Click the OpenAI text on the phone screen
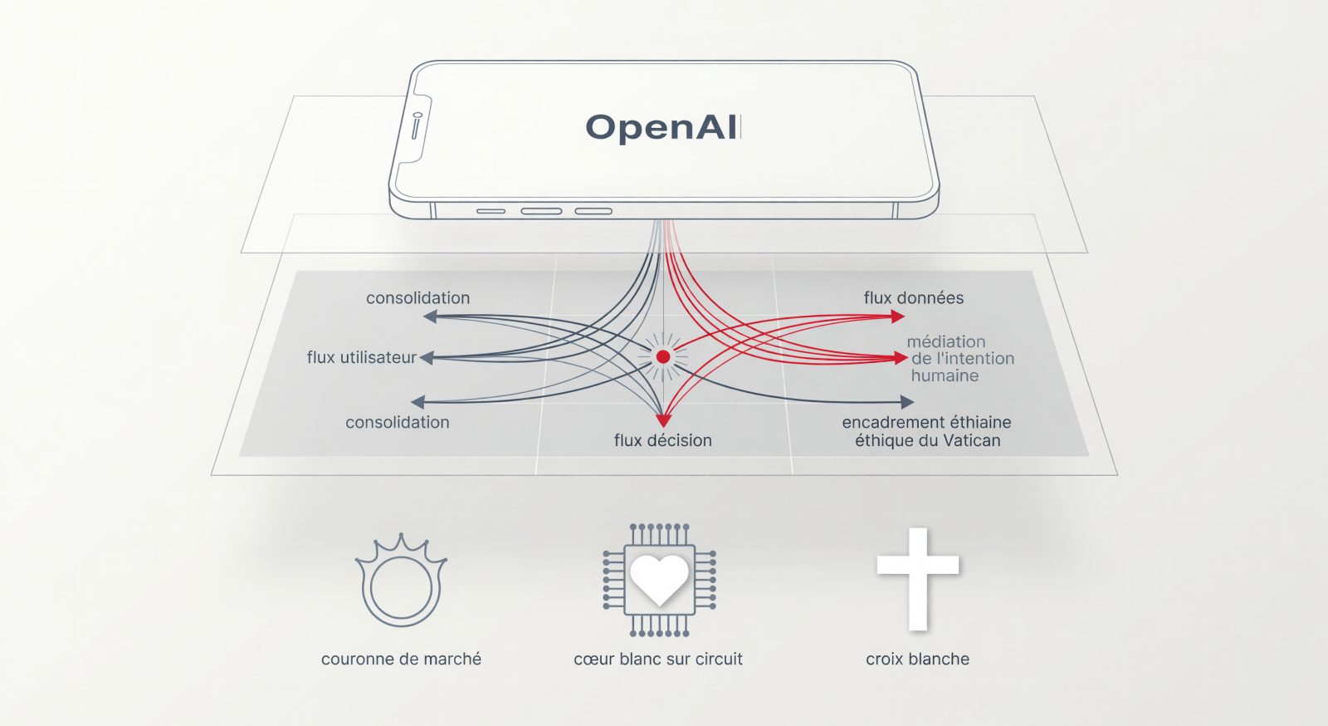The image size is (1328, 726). coord(663,128)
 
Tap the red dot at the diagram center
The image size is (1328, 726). coord(663,356)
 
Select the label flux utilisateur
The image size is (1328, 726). coord(362,358)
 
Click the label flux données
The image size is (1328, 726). coord(914,297)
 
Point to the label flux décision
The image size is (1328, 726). coord(663,440)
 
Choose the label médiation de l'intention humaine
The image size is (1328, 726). coord(960,358)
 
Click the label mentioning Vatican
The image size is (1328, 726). coord(927,431)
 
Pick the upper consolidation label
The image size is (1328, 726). coord(418,297)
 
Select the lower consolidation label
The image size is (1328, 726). coord(398,422)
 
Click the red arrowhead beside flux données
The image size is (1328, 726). coord(897,316)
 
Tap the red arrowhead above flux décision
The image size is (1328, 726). coord(663,420)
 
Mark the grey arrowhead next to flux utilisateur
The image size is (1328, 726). coord(427,358)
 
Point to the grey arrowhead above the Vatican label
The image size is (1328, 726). coord(907,402)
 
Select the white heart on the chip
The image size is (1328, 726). coord(659,580)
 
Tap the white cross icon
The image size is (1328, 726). coord(918,579)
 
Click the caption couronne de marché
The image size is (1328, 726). coord(402,659)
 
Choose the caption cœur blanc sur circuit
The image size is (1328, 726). coord(658,659)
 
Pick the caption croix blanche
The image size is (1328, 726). coord(918,659)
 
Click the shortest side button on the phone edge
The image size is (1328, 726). coord(491,211)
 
